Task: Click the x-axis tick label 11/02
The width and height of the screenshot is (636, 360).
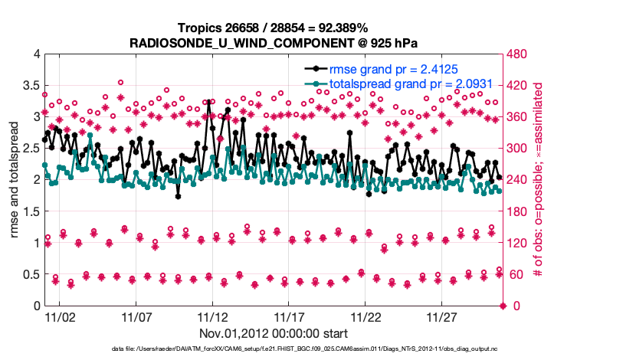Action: pyautogui.click(x=59, y=316)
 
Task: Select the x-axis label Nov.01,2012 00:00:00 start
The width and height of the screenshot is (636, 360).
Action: pyautogui.click(x=274, y=333)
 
